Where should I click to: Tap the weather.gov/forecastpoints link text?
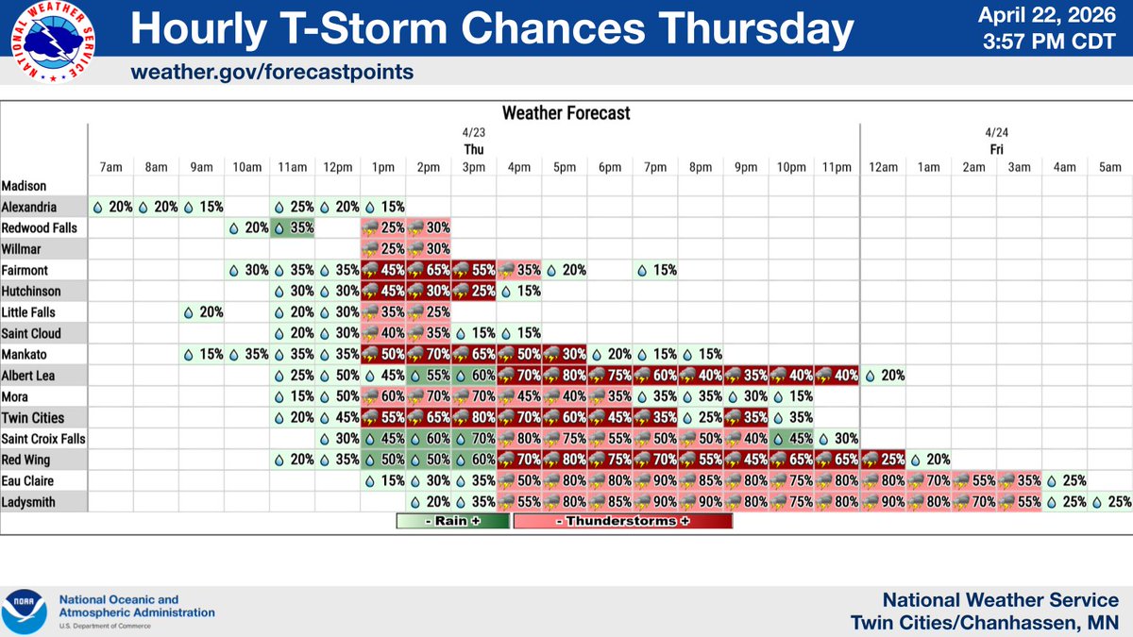(272, 73)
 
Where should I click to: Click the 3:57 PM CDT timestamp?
(1051, 42)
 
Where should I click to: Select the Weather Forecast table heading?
(566, 113)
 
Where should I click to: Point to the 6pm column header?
(610, 167)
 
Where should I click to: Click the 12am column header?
(883, 167)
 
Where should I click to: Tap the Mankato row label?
(25, 354)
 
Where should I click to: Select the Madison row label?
(25, 186)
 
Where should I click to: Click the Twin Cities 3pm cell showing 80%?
(474, 417)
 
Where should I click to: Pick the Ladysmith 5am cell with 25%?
(1110, 501)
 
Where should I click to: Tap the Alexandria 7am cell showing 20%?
(110, 207)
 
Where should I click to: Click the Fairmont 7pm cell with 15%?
(656, 270)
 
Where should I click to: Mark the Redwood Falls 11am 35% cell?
(293, 227)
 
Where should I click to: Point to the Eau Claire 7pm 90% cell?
(656, 480)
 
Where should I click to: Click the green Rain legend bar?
(453, 521)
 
